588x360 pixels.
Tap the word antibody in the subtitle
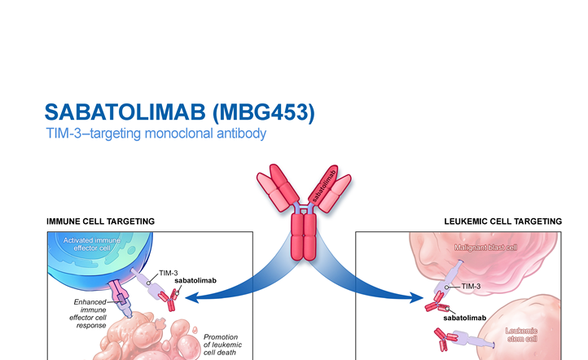244,134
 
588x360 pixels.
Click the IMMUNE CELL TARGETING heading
101,222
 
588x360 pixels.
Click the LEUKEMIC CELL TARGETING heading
502,222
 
